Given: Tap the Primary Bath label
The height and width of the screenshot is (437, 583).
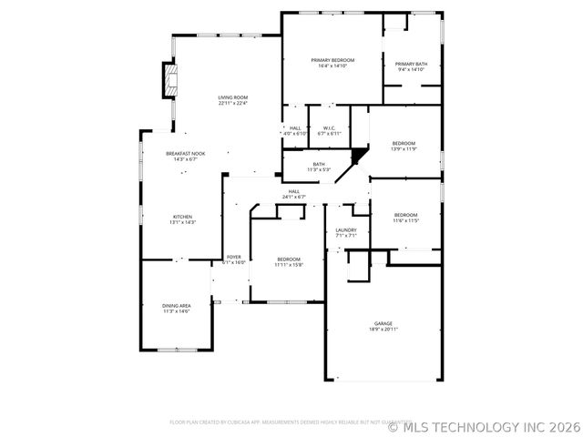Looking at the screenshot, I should coord(412,64).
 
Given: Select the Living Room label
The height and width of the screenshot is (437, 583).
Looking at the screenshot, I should coord(233,97).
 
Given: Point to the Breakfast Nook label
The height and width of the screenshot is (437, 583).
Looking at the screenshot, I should coord(185,154).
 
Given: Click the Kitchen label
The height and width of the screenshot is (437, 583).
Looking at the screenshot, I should coord(183,217).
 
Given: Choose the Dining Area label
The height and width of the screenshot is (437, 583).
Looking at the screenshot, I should coord(177,306).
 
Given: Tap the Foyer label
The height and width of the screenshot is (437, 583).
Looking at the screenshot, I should coord(234,258).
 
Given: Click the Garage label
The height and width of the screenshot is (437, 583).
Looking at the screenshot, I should coord(383,323).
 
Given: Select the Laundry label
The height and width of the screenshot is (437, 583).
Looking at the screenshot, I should coord(345,230).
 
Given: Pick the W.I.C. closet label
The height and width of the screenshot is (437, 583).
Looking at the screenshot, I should coord(329,127).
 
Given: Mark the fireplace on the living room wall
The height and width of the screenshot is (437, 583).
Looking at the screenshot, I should coord(168,80).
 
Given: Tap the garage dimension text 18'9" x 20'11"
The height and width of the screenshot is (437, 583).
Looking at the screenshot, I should coord(383,330).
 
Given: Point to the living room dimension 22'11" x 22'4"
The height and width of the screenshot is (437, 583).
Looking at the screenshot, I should coord(233,104).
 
